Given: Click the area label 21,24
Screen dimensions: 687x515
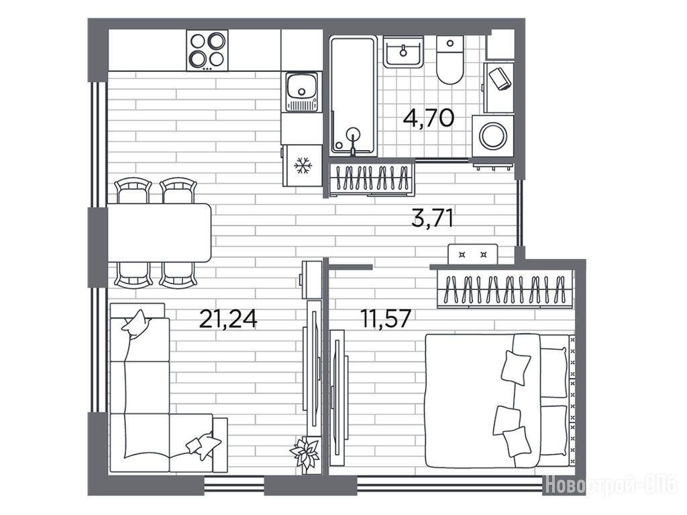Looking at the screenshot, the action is [228, 319].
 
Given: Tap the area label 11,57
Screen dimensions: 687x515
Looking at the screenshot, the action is [386, 319].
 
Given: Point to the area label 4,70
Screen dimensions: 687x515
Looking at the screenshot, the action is [429, 117].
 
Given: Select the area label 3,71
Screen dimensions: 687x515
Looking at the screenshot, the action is [433, 218].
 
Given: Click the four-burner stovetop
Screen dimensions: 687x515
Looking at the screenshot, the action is [207, 50].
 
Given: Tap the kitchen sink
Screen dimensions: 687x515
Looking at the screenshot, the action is [301, 91].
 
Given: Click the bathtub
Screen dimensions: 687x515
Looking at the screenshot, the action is [353, 95].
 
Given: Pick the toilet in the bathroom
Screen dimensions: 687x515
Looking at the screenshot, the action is [450, 60].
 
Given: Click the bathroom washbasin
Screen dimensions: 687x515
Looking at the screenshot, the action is [403, 52].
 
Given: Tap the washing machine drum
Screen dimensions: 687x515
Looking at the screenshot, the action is [493, 136].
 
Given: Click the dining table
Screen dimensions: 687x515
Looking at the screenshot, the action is [160, 233].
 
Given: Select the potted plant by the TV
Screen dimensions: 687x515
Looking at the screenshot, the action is [305, 453].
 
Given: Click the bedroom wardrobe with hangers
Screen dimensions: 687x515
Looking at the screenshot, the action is [505, 288].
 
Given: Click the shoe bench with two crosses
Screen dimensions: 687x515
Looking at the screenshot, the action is [473, 254].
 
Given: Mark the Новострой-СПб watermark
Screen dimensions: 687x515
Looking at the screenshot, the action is [612, 484].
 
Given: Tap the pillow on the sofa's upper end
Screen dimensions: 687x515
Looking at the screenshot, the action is [136, 324].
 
